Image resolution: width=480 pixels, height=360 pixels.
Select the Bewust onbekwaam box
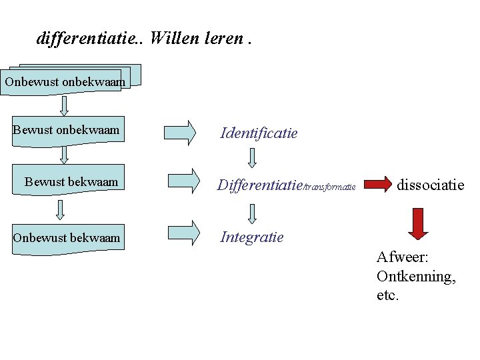click(66, 130)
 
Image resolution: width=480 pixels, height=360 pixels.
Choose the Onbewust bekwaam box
click(67, 237)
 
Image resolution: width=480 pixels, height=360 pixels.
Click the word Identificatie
click(259, 133)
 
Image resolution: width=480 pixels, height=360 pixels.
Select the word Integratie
click(252, 237)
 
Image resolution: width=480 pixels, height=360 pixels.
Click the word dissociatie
click(430, 185)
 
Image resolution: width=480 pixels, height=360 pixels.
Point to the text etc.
click(387, 295)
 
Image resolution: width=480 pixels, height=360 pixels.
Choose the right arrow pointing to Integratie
click(183, 232)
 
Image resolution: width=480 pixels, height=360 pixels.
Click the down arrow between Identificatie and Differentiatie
click(253, 157)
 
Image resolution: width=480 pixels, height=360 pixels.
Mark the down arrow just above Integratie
click(253, 213)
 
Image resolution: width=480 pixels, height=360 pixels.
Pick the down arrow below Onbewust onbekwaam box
click(65, 106)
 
